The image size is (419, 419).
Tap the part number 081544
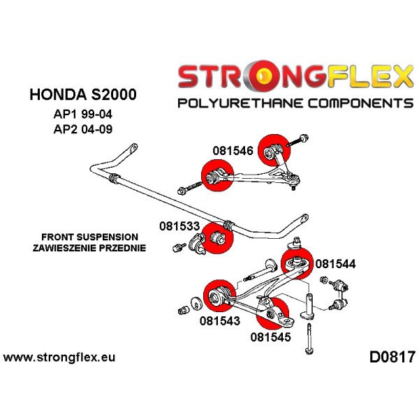coord(336,264)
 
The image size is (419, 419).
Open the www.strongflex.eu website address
coord(59,358)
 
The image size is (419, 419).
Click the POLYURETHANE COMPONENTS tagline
coord(295,104)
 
